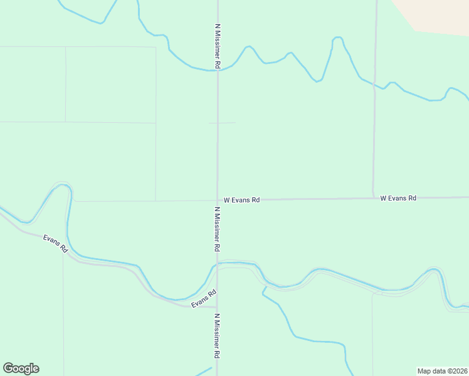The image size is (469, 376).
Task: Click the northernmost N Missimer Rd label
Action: click(x=218, y=46)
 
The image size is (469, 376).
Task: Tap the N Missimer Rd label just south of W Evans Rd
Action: click(x=218, y=229)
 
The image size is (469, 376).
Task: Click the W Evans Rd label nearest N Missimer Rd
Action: click(x=241, y=200)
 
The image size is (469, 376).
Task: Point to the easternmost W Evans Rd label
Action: click(x=398, y=198)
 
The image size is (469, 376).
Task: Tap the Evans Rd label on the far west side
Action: click(x=55, y=243)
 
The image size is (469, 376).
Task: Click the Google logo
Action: click(x=21, y=368)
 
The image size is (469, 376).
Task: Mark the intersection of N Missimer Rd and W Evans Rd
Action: click(x=218, y=200)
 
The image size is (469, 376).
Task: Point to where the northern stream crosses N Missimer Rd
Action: click(x=218, y=70)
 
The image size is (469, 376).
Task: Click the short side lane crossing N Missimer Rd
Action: click(x=223, y=123)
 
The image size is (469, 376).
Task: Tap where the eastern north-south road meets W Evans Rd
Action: click(x=373, y=199)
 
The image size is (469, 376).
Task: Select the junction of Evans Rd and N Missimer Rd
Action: click(x=218, y=307)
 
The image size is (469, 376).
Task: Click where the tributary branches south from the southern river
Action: click(x=265, y=288)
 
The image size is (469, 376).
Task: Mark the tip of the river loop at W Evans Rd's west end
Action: click(x=63, y=185)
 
